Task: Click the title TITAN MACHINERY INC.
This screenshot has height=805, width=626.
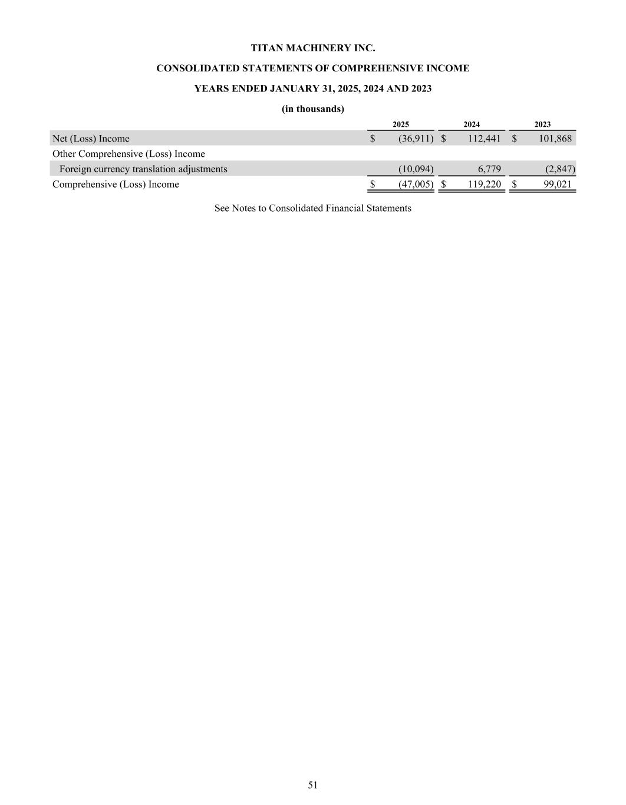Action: click(312, 48)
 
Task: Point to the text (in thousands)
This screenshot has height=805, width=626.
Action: click(312, 109)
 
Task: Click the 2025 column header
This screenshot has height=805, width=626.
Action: click(401, 124)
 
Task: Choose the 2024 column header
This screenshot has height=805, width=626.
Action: click(472, 124)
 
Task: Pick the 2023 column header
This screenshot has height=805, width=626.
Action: click(542, 124)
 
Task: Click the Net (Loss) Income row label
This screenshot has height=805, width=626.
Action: click(91, 139)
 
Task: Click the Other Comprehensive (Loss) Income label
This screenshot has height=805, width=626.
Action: click(129, 154)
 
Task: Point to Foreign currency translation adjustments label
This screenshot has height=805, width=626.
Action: click(143, 169)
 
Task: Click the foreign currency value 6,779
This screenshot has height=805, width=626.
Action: click(489, 169)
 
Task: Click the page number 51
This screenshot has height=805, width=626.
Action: click(312, 784)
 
